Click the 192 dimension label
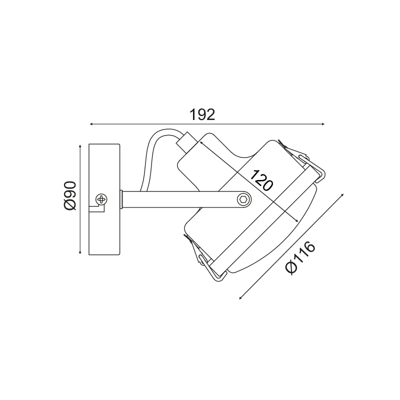(x=202, y=115)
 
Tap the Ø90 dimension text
(x=70, y=196)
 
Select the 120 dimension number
(x=261, y=180)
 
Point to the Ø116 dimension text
(x=300, y=258)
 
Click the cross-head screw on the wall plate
(x=101, y=199)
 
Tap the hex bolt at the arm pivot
(x=243, y=199)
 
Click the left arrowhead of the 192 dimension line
(x=91, y=124)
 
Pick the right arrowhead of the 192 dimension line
(x=322, y=124)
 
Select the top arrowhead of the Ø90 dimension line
(x=80, y=146)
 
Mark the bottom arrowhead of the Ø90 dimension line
(x=80, y=252)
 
